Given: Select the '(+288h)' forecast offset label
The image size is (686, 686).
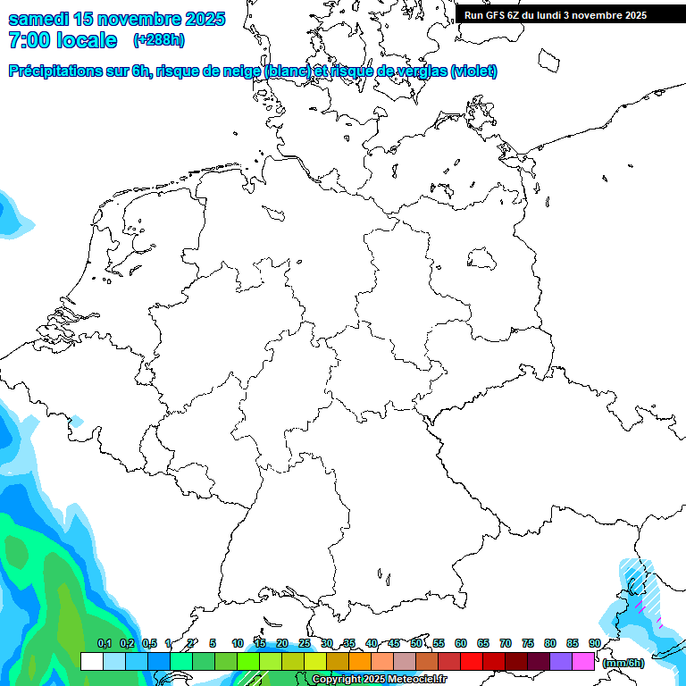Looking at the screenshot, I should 159,40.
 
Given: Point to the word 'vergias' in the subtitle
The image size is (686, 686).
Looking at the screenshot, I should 419,71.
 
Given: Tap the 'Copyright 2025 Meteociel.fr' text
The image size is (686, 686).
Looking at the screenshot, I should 379,680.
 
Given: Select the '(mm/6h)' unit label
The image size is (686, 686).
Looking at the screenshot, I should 623,663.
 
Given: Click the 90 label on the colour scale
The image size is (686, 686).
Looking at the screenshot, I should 595,643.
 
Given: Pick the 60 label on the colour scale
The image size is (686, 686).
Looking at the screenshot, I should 461,643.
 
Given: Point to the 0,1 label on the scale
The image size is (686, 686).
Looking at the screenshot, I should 105,643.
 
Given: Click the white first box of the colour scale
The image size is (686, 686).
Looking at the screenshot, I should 91,661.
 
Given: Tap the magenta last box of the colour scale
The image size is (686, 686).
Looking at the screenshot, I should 583,661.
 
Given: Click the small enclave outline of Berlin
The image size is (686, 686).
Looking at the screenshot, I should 482,259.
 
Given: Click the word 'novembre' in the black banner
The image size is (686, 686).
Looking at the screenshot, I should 598,14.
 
